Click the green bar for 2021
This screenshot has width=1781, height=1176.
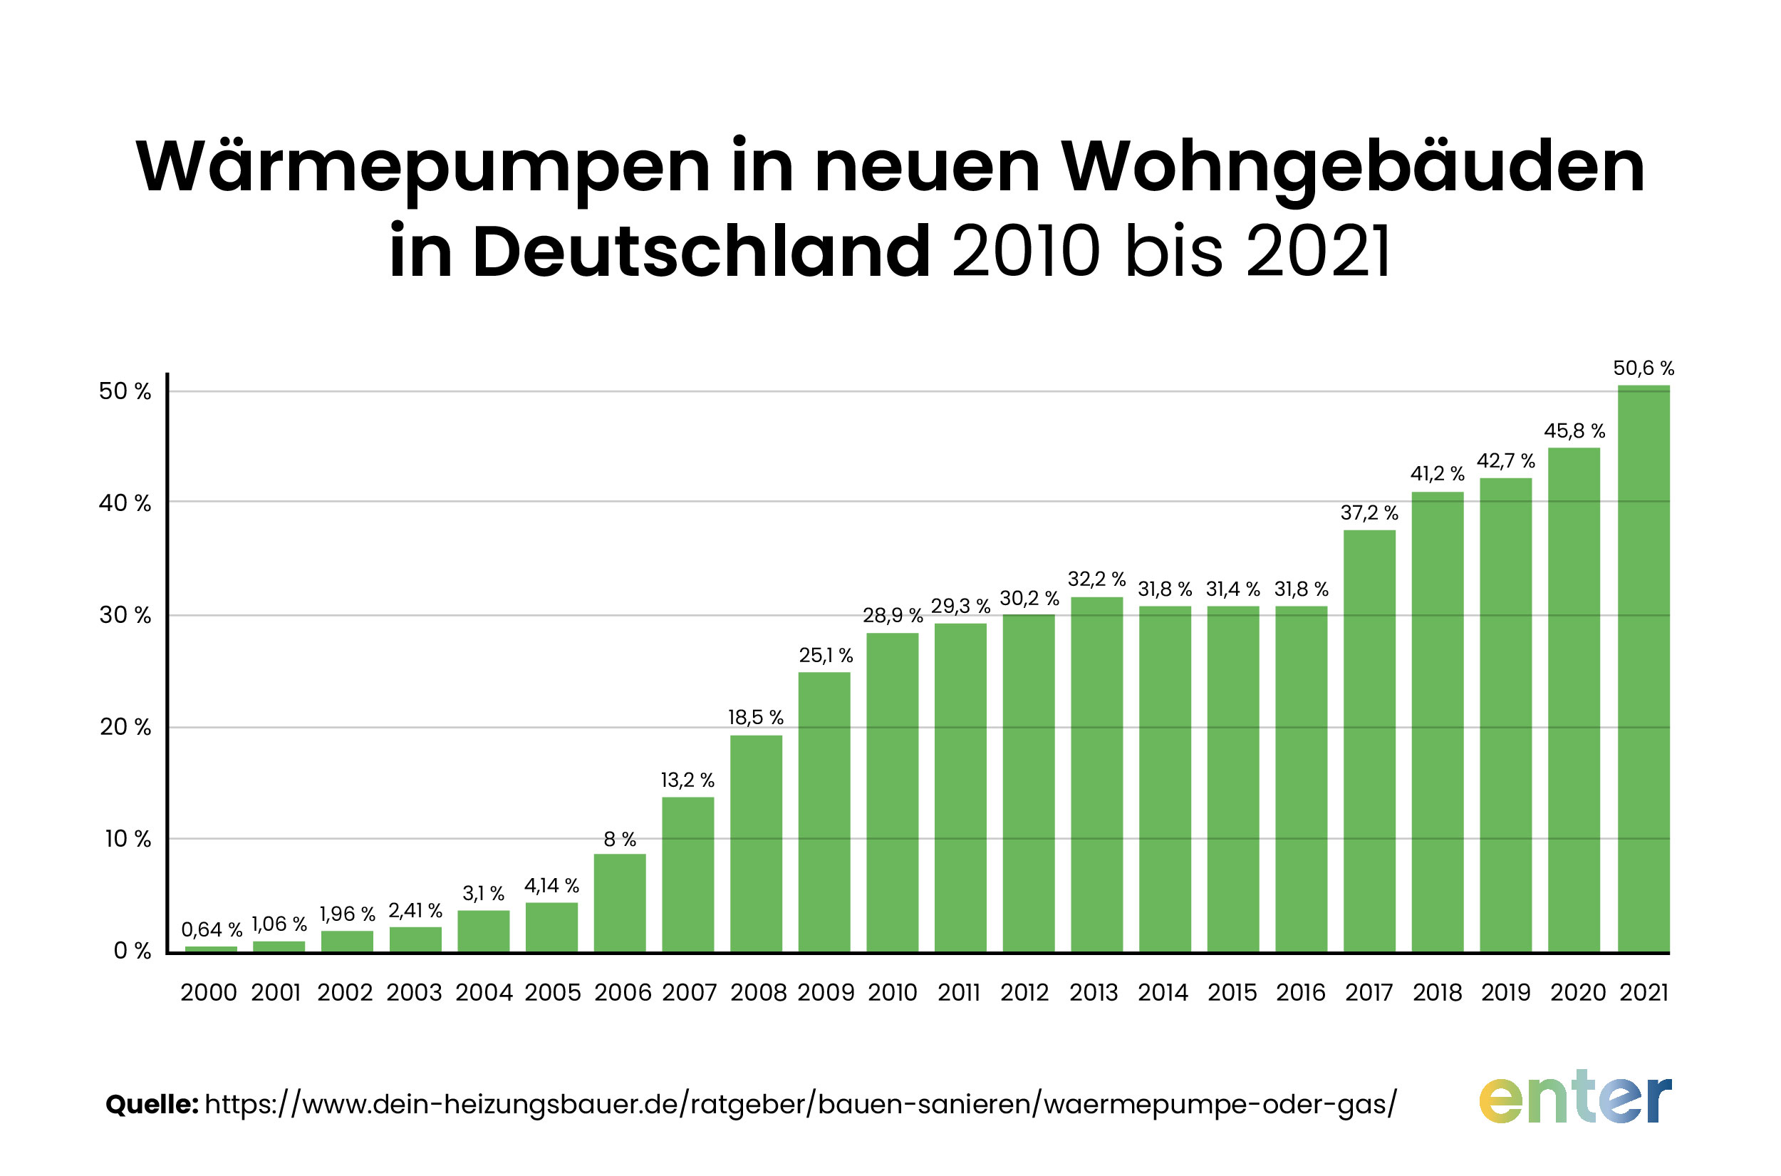(x=1643, y=669)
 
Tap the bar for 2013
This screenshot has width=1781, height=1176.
(x=1096, y=774)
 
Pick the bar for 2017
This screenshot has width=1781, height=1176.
(x=1369, y=741)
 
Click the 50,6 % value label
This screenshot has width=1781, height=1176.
(x=1643, y=368)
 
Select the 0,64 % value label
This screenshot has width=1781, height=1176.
(x=212, y=930)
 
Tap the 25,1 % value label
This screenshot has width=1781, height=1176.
(x=825, y=656)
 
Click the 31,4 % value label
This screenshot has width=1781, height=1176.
(x=1232, y=589)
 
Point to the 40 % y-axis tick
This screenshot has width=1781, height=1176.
(x=125, y=503)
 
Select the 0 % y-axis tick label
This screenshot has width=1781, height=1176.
(x=132, y=951)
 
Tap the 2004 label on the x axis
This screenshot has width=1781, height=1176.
(x=484, y=993)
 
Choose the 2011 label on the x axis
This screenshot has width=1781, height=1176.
(x=959, y=993)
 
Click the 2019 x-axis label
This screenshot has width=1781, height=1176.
(x=1505, y=993)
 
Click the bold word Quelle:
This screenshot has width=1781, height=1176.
(x=152, y=1104)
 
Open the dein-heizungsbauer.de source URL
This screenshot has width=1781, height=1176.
(x=800, y=1104)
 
